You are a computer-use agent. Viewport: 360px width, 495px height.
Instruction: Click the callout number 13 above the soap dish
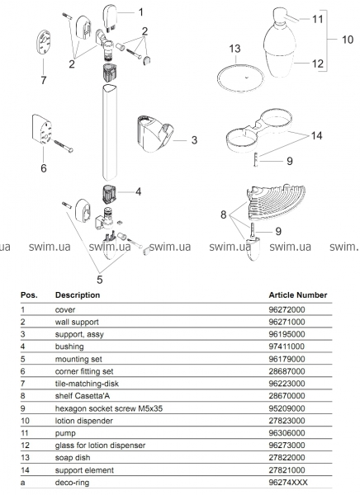point(234,49)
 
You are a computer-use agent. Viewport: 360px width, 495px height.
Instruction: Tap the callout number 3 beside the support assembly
point(194,140)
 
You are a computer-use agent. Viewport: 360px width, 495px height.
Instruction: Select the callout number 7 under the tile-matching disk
point(44,80)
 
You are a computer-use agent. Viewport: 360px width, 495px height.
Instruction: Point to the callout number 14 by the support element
point(316,136)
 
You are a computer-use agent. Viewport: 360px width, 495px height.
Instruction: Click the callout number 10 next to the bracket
point(348,40)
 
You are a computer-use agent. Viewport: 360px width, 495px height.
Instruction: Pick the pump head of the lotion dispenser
point(285,18)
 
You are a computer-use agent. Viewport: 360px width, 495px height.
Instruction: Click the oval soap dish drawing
point(240,78)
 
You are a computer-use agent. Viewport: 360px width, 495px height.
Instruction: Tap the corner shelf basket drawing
point(276,202)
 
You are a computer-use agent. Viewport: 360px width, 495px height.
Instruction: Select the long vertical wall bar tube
point(110,132)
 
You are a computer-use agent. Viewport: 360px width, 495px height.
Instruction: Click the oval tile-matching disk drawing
point(44,42)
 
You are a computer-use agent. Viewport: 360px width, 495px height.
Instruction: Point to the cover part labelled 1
point(109,17)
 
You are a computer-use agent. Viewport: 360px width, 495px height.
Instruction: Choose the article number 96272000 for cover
point(287,309)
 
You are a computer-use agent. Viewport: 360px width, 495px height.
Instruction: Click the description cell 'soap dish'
point(73,458)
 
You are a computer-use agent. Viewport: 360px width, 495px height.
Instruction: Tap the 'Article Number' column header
point(298,295)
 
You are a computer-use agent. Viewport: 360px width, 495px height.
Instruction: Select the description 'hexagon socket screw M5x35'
point(109,408)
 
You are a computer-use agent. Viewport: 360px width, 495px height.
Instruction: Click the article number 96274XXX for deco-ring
point(288,483)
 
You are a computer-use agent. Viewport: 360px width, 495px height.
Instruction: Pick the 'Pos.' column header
point(29,295)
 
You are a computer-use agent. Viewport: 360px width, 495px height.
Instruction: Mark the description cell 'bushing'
point(69,346)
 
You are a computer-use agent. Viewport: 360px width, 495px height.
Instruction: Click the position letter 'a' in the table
point(23,483)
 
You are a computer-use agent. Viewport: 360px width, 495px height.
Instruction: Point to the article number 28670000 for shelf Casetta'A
point(287,396)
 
